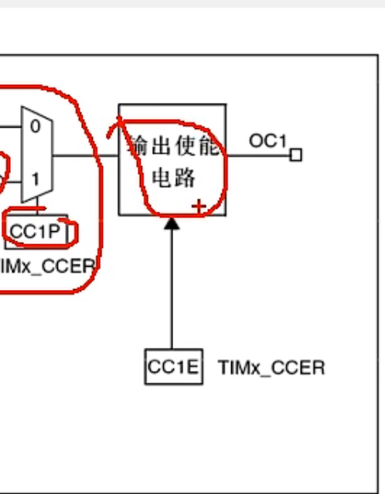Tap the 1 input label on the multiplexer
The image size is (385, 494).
click(x=35, y=178)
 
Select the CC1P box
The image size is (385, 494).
click(x=36, y=230)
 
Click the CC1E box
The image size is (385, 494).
click(x=173, y=367)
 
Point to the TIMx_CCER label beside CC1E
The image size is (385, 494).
click(x=271, y=367)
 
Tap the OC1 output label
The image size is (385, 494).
click(x=267, y=141)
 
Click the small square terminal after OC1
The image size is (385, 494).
click(x=295, y=155)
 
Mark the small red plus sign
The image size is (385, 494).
click(x=199, y=206)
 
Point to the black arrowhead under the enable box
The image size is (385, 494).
click(x=172, y=223)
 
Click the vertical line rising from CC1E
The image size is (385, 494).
click(x=172, y=294)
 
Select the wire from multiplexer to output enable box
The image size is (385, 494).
click(x=85, y=155)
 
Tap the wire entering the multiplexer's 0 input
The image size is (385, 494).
click(x=9, y=126)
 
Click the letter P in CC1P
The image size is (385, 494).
click(x=53, y=230)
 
